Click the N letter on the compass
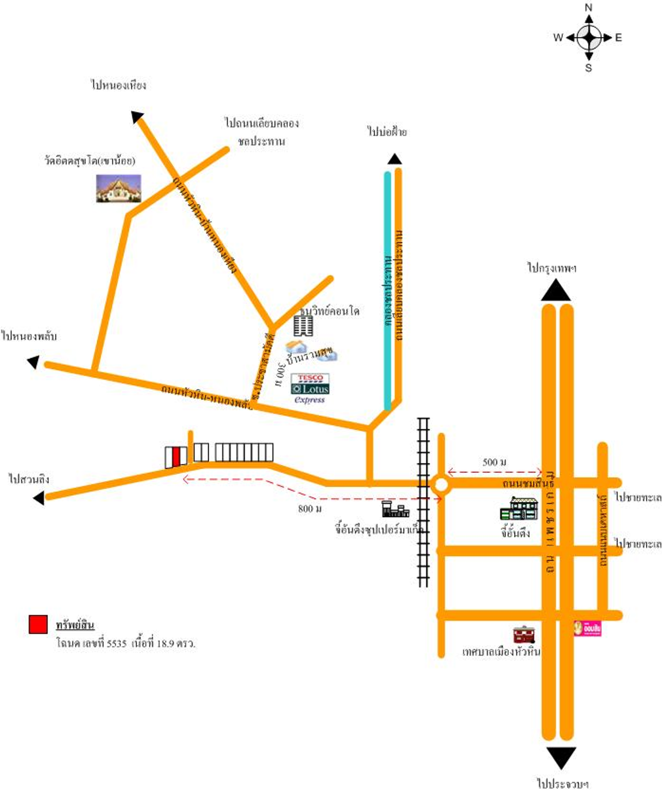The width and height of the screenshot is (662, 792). coord(589,7)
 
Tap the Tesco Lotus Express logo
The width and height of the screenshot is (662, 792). coord(310,388)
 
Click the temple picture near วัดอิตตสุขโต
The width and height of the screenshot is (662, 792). coord(118,188)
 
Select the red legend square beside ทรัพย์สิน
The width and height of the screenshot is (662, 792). coord(38,624)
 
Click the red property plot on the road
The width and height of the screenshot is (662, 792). coord(176,456)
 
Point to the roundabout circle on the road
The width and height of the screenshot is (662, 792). coord(441,485)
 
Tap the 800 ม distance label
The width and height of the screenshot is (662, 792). coord(310,509)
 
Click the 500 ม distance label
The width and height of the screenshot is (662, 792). coord(494,462)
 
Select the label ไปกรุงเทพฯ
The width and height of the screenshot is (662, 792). coord(551,268)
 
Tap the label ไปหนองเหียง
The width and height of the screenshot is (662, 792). coord(118,85)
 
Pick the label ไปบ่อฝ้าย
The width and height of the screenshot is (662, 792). coord(387,132)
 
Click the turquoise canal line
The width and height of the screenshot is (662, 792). coord(387,290)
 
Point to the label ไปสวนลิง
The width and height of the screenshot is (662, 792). coord(29,479)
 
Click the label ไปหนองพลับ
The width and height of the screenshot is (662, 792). coord(29,336)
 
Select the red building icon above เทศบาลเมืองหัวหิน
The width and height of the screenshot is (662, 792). coord(524,634)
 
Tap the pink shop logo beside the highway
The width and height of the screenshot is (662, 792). coord(588,628)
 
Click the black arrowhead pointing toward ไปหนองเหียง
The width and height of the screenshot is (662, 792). coord(137,117)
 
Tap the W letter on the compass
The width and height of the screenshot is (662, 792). coord(558,37)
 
